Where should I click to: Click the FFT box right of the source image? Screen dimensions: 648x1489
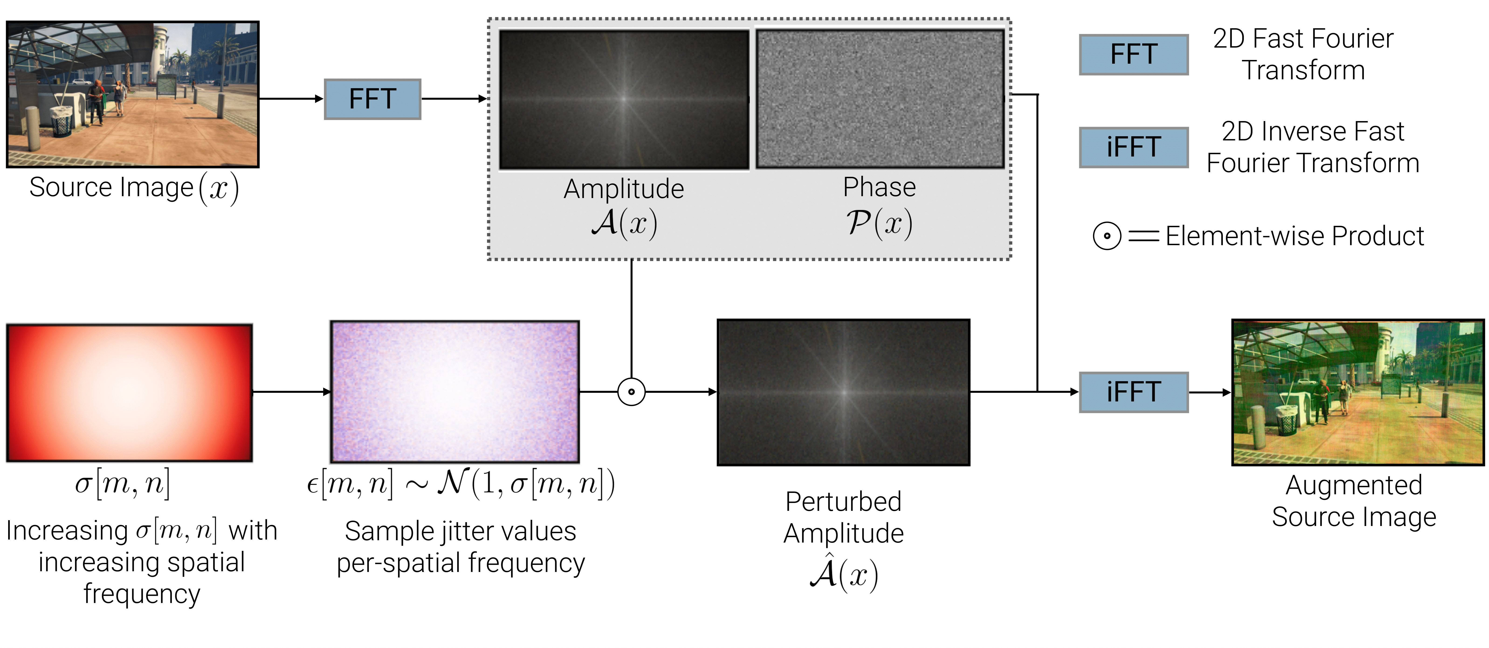372,99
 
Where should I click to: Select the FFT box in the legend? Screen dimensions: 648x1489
1134,54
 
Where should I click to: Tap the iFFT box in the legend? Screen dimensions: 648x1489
1134,147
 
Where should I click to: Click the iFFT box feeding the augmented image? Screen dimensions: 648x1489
1134,392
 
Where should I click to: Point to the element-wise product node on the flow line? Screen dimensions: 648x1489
631,392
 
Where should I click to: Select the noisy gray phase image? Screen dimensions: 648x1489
880,99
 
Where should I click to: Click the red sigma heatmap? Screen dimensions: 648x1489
130,393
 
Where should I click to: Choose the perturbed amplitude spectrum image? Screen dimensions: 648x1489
843,392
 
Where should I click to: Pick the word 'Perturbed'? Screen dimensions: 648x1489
843,502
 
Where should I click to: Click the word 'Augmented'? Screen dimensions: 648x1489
1354,485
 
